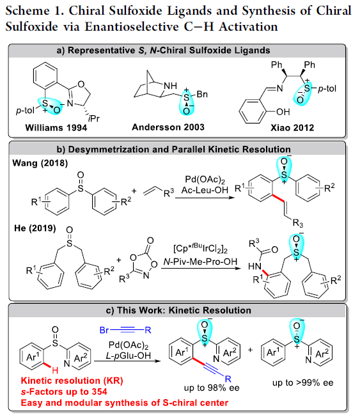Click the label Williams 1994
coord(56,128)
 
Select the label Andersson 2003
coord(168,127)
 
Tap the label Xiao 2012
coord(292,128)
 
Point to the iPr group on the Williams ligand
coord(94,118)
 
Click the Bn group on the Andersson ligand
coord(202,95)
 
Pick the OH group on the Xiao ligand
coord(283,112)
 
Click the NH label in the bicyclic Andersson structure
coord(170,86)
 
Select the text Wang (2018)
coord(40,163)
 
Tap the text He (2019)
coord(35,228)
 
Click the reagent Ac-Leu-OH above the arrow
coord(205,190)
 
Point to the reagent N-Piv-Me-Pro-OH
coord(200,262)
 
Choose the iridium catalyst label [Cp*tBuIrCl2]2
coord(200,248)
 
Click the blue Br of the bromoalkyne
coord(104,330)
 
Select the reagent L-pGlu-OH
coord(128,356)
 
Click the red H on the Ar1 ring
coord(55,370)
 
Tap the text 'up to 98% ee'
coord(212,388)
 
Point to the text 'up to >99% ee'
coord(303,382)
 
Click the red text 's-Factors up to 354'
coord(64,391)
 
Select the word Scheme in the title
coord(27,11)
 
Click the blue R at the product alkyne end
coord(228,379)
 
